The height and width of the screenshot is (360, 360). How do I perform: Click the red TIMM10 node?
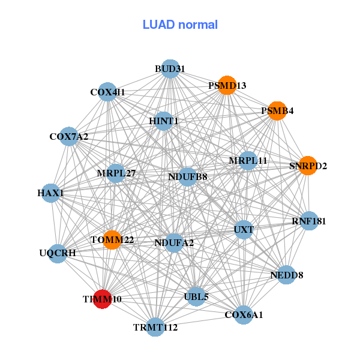tap(103, 298)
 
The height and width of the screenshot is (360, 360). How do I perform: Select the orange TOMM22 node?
tap(112, 240)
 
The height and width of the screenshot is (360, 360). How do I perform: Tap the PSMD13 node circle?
tap(227, 86)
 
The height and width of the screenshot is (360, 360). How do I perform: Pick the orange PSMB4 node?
tap(277, 111)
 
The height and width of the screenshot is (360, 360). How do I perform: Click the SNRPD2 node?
tap(308, 166)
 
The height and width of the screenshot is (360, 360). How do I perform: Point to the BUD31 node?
tap(170, 68)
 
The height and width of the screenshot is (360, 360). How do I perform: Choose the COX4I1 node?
tap(107, 92)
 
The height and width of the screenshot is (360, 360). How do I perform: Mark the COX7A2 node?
tap(69, 137)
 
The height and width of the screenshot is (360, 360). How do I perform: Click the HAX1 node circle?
tap(51, 193)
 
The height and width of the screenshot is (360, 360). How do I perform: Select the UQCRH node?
tap(58, 253)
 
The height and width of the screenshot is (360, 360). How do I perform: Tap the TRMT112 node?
tap(155, 327)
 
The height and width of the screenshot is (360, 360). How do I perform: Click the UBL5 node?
tap(196, 296)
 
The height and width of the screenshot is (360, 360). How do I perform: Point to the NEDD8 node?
tap(286, 275)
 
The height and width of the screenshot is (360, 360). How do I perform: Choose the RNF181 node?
tap(308, 221)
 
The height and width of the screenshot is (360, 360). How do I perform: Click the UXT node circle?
tap(244, 229)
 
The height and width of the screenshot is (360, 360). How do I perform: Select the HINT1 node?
tap(164, 121)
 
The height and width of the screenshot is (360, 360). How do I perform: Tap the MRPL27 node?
tap(116, 174)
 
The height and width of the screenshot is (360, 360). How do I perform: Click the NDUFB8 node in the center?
tap(188, 176)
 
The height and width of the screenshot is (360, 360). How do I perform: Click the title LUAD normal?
tap(180, 25)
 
